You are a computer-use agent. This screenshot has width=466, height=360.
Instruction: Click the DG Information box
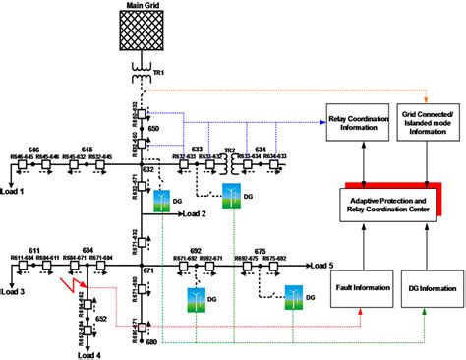(429, 288)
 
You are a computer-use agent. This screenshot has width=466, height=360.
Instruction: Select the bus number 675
(260, 251)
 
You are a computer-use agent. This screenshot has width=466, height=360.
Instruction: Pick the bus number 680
(151, 343)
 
